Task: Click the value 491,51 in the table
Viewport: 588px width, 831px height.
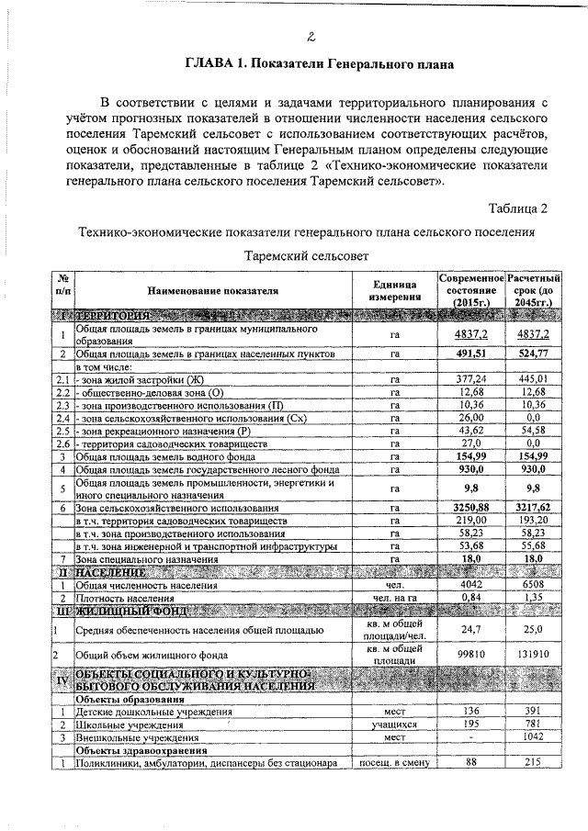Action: coord(469,353)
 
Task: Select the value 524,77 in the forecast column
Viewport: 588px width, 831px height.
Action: coord(532,353)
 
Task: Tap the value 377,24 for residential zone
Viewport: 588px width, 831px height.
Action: coord(469,378)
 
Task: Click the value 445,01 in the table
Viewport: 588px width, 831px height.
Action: coord(532,378)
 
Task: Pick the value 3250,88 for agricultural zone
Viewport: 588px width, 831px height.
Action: coord(469,507)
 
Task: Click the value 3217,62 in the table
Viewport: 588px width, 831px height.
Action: coord(532,507)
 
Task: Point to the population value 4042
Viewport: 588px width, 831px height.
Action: coord(469,583)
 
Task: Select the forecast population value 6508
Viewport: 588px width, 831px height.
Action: coord(532,583)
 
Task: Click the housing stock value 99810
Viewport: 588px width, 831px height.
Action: coord(469,655)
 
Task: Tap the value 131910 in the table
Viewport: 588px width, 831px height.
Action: coord(532,655)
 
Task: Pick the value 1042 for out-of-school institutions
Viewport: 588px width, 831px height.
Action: coord(532,736)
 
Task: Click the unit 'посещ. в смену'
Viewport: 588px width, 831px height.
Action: coord(395,762)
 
